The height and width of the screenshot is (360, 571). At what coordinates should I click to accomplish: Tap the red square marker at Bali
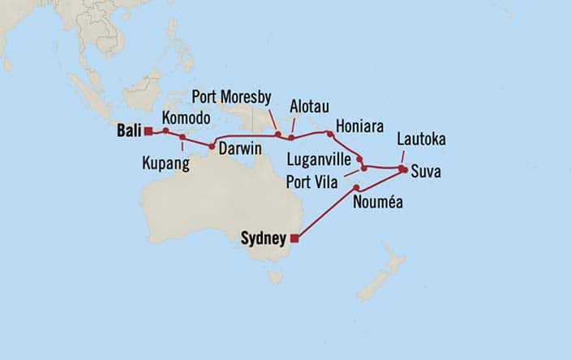pos(148,130)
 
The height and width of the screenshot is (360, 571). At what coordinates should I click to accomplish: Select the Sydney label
pos(264,238)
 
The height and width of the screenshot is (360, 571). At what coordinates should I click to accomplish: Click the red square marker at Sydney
pos(294,238)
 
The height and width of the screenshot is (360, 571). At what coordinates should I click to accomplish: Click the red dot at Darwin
pos(212,147)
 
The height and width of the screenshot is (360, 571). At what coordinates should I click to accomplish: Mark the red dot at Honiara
pos(328,132)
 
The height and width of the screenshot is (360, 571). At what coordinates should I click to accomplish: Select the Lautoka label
pos(421,140)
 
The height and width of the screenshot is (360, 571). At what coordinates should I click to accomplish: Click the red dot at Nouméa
pos(357,188)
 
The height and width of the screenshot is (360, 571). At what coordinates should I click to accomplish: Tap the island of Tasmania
pos(277,277)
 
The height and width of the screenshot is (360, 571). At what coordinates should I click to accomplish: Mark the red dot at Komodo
pos(165,131)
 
